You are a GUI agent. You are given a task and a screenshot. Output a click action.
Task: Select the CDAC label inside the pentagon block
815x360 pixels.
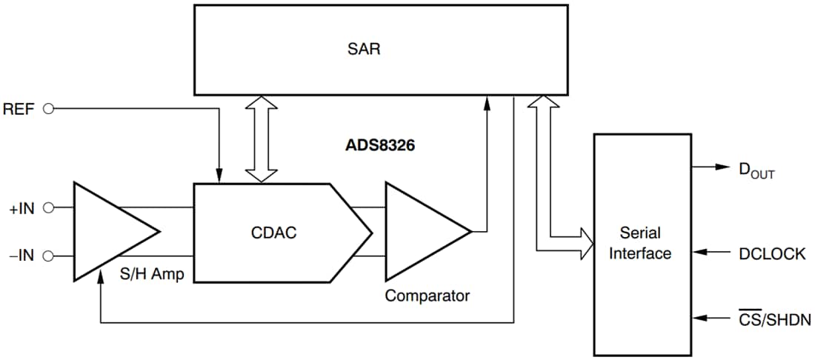[273, 233]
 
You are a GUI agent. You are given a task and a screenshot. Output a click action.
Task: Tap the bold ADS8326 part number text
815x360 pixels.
[380, 145]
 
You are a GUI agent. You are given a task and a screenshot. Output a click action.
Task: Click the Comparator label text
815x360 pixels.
[427, 296]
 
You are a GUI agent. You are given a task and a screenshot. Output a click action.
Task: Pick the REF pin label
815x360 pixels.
[21, 108]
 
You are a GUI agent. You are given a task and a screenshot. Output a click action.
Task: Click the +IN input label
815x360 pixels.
[21, 209]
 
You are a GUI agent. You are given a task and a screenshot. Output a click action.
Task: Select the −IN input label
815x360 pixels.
[21, 256]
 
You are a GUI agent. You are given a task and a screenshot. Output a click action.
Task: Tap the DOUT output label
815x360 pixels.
[756, 170]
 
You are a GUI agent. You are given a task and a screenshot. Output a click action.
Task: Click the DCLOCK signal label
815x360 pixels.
[771, 253]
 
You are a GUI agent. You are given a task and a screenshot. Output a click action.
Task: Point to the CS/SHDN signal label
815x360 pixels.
[774, 320]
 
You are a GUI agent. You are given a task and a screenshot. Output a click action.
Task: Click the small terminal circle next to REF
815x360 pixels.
[50, 109]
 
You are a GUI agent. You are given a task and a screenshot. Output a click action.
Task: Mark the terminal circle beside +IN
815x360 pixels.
[50, 209]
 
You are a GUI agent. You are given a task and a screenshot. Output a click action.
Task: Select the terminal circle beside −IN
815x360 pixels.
[50, 256]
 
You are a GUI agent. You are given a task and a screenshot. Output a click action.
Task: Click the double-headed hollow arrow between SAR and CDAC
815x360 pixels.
[261, 139]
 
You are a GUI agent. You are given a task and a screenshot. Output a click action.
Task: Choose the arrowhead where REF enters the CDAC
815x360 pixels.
[219, 175]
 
